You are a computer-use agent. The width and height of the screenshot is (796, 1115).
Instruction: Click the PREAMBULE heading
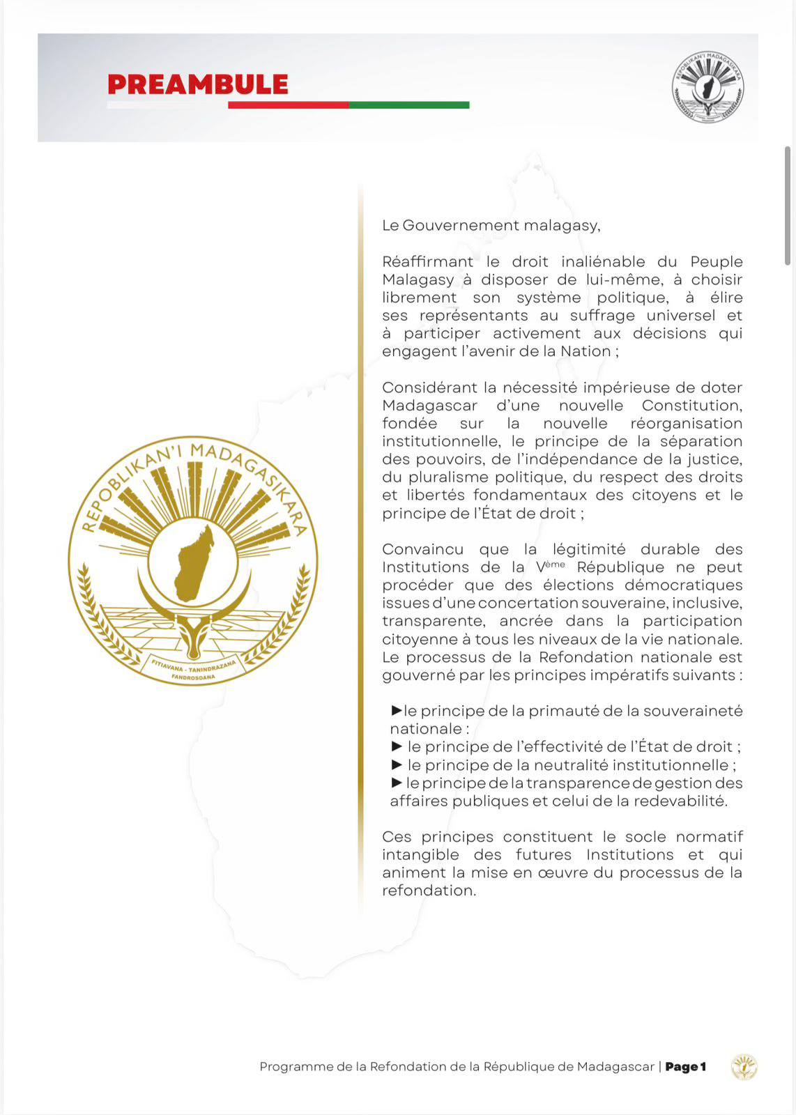click(x=197, y=84)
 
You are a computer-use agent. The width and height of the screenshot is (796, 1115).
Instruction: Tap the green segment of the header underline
click(x=409, y=105)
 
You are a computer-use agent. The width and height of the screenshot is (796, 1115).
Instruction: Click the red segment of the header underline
click(x=288, y=105)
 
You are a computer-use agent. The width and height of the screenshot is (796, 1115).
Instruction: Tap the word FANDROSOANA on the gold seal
click(x=193, y=677)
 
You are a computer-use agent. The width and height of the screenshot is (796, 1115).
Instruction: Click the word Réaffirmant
click(x=427, y=262)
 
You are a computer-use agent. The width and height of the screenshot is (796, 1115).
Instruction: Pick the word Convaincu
click(x=422, y=549)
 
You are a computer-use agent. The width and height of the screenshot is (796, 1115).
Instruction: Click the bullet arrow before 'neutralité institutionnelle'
click(x=397, y=764)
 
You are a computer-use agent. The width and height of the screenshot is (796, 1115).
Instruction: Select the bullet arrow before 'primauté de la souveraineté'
click(x=397, y=710)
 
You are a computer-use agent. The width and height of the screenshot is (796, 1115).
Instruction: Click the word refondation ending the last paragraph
click(x=427, y=891)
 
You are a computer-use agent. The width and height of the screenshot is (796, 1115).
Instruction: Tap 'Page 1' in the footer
click(x=685, y=1067)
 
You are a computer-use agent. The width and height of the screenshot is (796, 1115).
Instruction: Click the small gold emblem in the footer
click(x=744, y=1067)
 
